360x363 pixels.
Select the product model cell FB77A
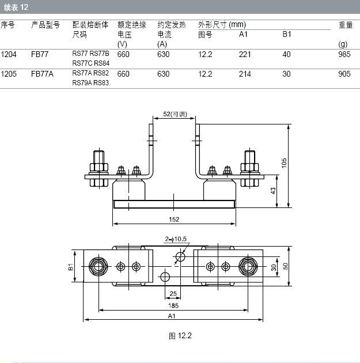click(x=41, y=74)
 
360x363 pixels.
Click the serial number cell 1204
click(x=9, y=54)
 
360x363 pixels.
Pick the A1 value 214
click(x=245, y=74)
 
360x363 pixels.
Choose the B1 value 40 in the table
click(x=287, y=54)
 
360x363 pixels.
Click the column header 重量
click(x=346, y=25)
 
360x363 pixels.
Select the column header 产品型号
click(x=46, y=25)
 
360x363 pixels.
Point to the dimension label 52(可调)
click(x=174, y=115)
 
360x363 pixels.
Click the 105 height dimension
click(x=283, y=163)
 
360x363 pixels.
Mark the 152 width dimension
click(x=174, y=219)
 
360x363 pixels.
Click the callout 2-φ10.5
click(x=176, y=239)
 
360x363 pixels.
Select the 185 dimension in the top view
click(x=173, y=304)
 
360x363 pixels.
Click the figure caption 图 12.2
click(x=180, y=336)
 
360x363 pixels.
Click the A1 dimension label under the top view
click(x=172, y=316)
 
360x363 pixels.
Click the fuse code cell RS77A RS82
click(x=90, y=73)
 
